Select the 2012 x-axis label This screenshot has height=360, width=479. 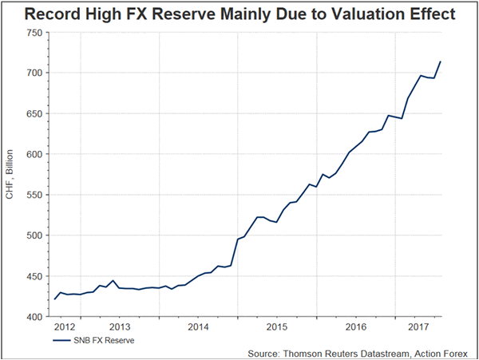tap(65, 327)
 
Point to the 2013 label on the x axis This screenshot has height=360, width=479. tap(120, 327)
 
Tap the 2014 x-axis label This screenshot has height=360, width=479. tap(198, 327)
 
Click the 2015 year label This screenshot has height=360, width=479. tap(277, 327)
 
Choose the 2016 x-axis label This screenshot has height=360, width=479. tap(356, 327)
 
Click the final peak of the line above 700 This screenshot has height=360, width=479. tap(441, 61)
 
